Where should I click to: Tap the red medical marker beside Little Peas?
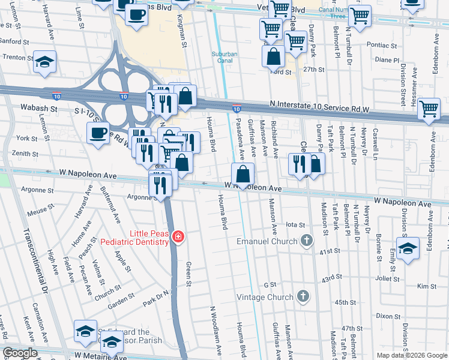[x=178, y=238]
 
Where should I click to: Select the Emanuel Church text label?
[x=267, y=241]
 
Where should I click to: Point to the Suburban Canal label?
[x=226, y=57]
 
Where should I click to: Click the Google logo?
[x=20, y=353]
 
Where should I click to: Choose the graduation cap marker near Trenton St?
[x=44, y=62]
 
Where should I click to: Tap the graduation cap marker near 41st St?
[x=408, y=248]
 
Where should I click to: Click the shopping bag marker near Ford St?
[x=274, y=56]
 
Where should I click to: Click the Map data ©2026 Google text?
[x=411, y=355]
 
